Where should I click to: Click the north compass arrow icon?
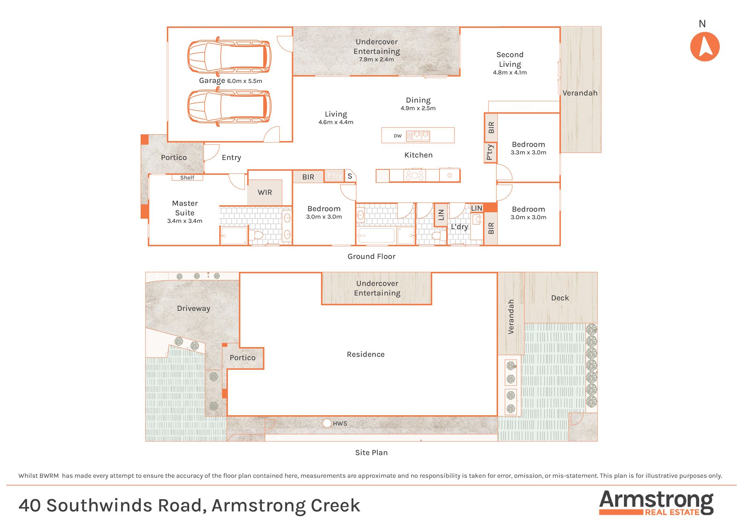tap(705, 47)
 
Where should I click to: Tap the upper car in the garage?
tap(229, 56)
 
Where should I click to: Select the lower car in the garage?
tap(229, 107)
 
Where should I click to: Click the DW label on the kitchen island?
tap(398, 136)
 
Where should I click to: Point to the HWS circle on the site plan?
tap(327, 423)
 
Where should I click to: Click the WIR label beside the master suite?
tap(265, 192)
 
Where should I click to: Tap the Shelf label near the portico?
tap(187, 177)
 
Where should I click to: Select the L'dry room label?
tap(459, 226)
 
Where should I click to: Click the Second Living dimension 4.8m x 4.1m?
tap(510, 73)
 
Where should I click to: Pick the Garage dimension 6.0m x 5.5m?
tap(244, 81)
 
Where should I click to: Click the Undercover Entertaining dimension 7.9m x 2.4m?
tap(376, 59)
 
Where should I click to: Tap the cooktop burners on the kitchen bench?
tap(414, 175)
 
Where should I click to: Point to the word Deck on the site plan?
tap(560, 298)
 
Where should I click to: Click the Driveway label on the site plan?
tap(194, 309)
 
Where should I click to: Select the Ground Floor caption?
tap(371, 257)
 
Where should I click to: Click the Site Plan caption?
tap(371, 453)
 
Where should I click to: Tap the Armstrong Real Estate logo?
tap(656, 503)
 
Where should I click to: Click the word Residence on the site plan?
tap(366, 355)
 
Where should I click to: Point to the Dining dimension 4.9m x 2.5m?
tap(418, 108)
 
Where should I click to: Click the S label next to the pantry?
tap(350, 176)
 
